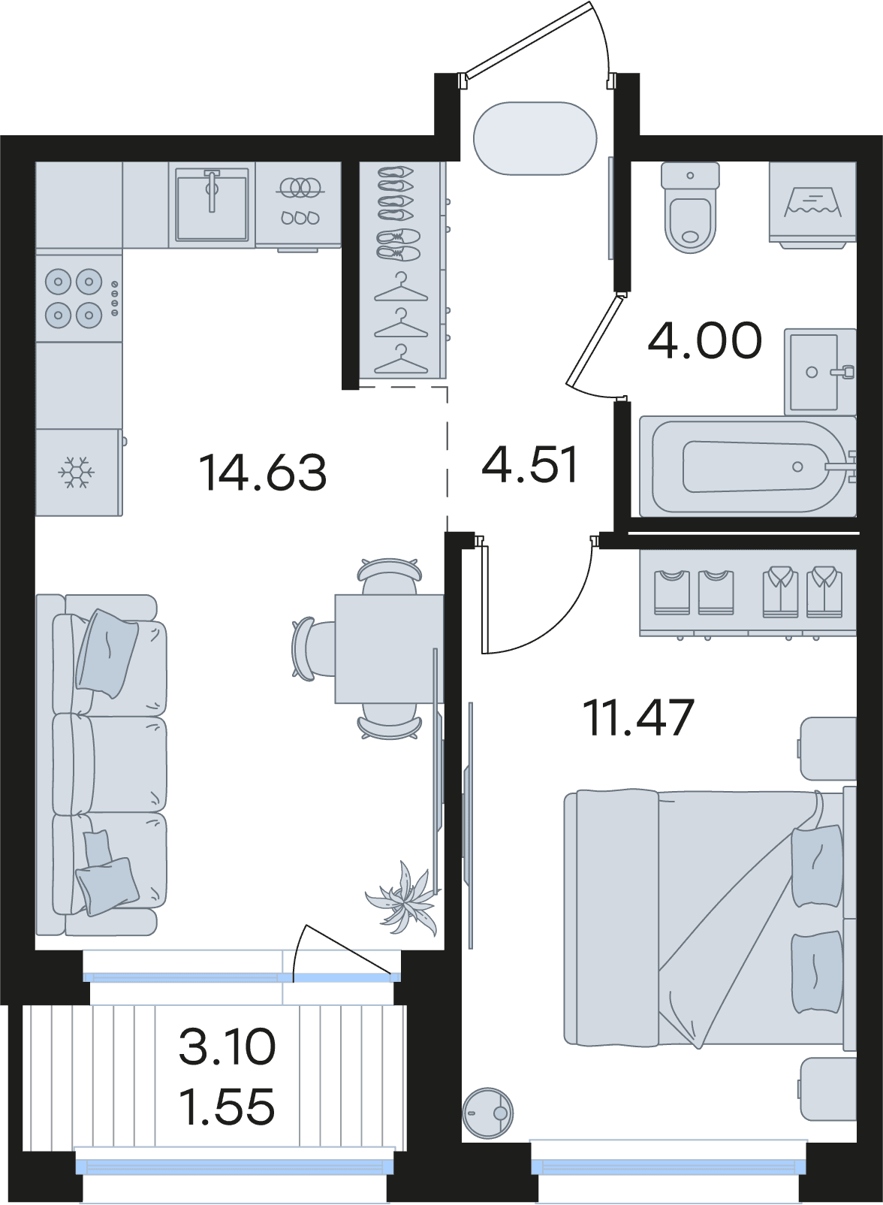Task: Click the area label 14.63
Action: click(263, 473)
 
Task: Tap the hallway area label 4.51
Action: click(529, 464)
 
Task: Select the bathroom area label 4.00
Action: click(705, 341)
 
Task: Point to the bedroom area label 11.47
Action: click(640, 718)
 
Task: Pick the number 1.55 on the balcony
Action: click(227, 1107)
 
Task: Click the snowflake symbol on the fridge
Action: click(77, 473)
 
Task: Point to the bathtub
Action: click(748, 467)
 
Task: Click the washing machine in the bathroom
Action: click(812, 205)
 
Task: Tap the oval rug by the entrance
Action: click(535, 138)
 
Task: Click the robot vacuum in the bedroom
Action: click(487, 1113)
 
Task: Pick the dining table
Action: click(389, 648)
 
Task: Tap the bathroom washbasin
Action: click(819, 372)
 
